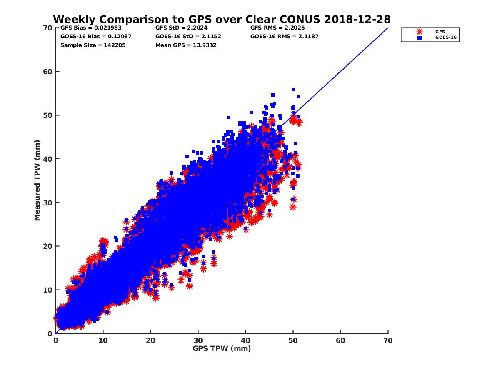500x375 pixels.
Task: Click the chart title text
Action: point(222,19)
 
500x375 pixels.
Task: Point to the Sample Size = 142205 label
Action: point(93,45)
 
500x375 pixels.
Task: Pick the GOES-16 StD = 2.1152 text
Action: point(188,36)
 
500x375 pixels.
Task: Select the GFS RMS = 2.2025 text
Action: point(277,28)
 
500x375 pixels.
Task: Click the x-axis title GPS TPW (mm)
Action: point(222,348)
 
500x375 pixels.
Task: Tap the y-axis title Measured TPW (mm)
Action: point(37,180)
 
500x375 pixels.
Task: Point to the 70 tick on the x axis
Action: point(388,340)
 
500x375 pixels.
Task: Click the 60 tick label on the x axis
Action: point(340,340)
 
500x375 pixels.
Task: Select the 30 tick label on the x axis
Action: point(198,340)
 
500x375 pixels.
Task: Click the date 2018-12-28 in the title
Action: point(361,19)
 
